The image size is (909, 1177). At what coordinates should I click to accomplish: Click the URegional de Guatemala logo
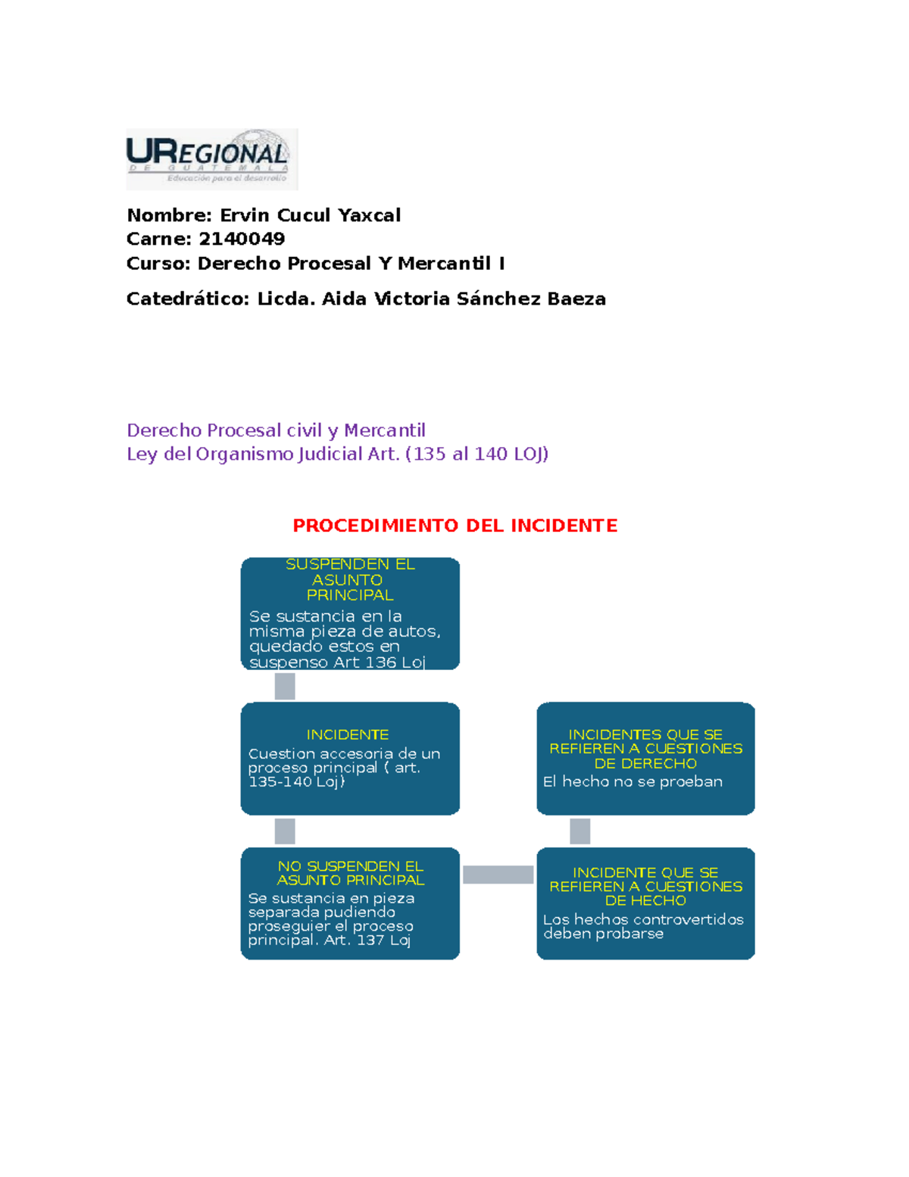[211, 158]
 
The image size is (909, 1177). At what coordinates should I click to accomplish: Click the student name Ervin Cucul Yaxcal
[310, 215]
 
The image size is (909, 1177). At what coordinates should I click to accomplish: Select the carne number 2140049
[242, 239]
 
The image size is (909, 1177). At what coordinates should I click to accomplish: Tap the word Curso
[157, 263]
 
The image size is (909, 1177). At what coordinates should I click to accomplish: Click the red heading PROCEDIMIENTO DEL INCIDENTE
[454, 525]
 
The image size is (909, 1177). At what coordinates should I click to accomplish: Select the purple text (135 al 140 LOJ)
[477, 454]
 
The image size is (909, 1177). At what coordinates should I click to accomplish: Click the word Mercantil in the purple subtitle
[384, 430]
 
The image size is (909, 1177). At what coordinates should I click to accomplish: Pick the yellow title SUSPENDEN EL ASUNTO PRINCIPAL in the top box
[350, 579]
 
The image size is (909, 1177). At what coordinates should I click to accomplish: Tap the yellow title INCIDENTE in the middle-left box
[348, 734]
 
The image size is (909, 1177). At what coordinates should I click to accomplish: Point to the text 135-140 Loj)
[296, 781]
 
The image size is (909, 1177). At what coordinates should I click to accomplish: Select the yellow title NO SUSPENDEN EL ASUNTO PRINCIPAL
[350, 872]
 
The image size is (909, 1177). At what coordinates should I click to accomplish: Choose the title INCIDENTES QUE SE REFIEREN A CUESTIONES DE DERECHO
[645, 748]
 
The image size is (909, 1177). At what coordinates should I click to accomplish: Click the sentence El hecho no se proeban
[633, 781]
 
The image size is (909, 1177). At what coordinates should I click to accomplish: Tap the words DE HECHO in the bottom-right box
[645, 900]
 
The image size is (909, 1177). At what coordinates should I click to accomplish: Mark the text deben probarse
[603, 934]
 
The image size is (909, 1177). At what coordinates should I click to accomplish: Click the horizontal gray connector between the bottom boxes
[498, 875]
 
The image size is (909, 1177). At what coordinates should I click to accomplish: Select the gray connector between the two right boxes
[579, 831]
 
